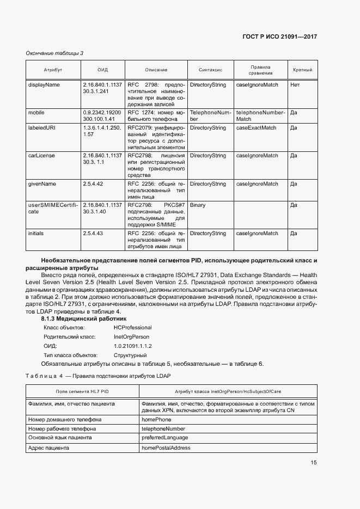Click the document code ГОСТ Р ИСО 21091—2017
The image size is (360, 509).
pyautogui.click(x=279, y=36)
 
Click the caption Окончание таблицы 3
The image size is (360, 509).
pyautogui.click(x=54, y=53)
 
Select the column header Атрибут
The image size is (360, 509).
pyautogui.click(x=53, y=70)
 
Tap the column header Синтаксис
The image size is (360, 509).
pyautogui.click(x=210, y=70)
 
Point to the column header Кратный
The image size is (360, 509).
pyautogui.click(x=302, y=70)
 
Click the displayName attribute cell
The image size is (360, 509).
pyautogui.click(x=44, y=85)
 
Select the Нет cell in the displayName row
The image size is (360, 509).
pyautogui.click(x=295, y=85)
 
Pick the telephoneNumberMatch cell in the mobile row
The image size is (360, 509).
pyautogui.click(x=260, y=115)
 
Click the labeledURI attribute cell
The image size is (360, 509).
pyautogui.click(x=42, y=128)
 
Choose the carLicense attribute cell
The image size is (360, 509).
pyautogui.click(x=41, y=156)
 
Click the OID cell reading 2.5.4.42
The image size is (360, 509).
pyautogui.click(x=93, y=184)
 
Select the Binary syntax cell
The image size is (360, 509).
pyautogui.click(x=198, y=205)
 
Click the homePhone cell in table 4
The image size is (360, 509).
pyautogui.click(x=156, y=420)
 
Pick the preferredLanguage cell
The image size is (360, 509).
pyautogui.click(x=164, y=438)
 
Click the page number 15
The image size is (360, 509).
pyautogui.click(x=314, y=463)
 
